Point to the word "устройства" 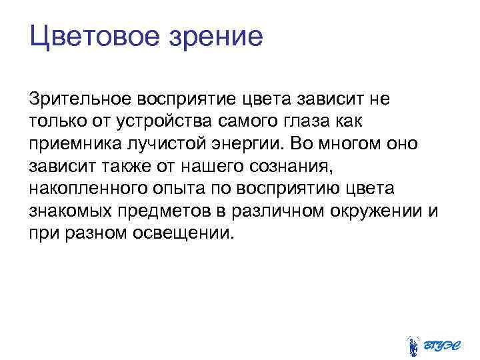coord(153,123)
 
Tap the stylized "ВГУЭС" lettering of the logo coord(442,345)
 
